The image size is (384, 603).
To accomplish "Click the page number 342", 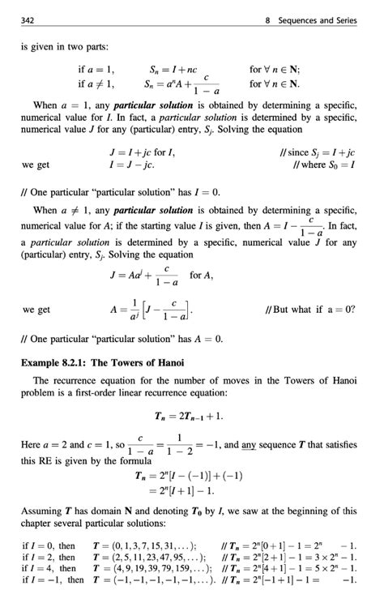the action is [30, 20].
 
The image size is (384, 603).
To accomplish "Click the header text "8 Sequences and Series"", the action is [310, 20].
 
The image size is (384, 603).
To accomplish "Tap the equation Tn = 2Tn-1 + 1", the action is [191, 417].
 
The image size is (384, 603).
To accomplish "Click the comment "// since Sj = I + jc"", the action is [317, 152].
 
